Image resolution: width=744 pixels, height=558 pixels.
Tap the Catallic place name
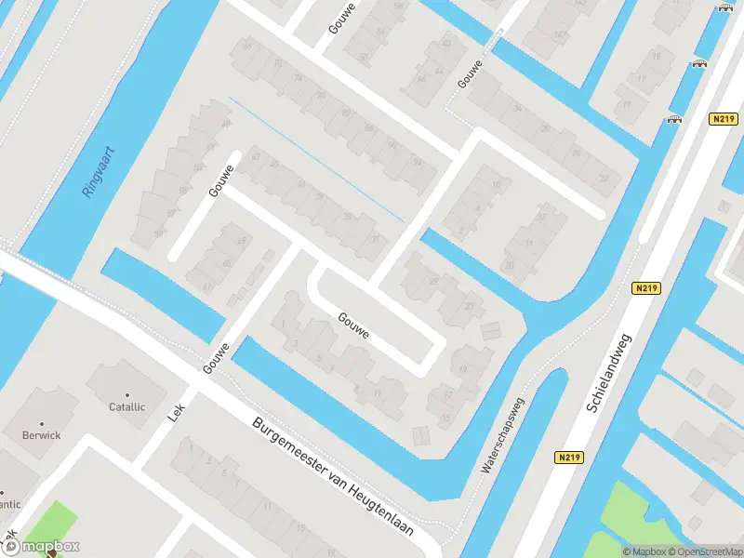(x=127, y=406)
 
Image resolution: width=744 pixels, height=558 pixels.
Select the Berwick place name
(x=42, y=434)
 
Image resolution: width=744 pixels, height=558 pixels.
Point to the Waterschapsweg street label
(x=503, y=436)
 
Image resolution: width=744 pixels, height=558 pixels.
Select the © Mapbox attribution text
(x=646, y=551)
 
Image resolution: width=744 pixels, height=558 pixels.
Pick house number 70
(x=279, y=63)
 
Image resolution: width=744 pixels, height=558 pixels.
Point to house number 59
(x=347, y=216)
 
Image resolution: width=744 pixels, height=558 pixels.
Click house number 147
(x=560, y=35)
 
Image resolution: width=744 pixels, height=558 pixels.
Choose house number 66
(x=247, y=45)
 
